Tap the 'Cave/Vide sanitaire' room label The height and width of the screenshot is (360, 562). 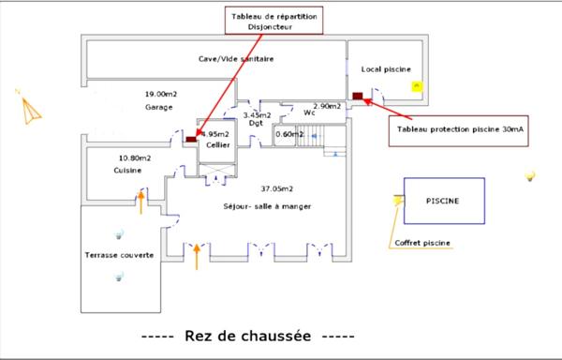coord(235,59)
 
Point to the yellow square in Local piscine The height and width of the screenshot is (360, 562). coord(417,85)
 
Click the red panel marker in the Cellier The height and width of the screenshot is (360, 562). coord(191,140)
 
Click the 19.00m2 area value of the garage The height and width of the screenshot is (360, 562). coord(160,95)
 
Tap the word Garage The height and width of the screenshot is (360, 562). coord(159,107)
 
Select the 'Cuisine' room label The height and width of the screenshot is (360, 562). coord(127,171)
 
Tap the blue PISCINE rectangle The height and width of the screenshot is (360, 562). coord(444,201)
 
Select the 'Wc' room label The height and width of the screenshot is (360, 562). coord(308,114)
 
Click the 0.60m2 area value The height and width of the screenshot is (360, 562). coord(288,134)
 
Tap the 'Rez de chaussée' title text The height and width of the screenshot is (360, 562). coord(247,336)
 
